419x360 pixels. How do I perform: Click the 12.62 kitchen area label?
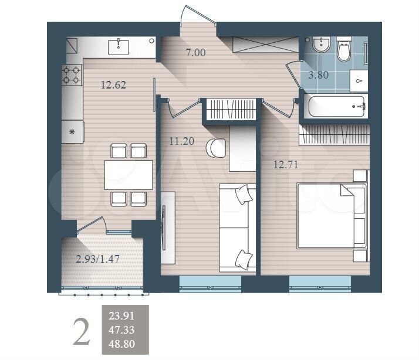pyautogui.click(x=114, y=85)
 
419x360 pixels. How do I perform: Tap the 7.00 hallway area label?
pyautogui.click(x=196, y=53)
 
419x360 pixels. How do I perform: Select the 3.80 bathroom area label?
pyautogui.click(x=318, y=75)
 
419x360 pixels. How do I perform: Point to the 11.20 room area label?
pyautogui.click(x=182, y=141)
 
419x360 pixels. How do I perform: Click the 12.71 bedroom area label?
pyautogui.click(x=286, y=165)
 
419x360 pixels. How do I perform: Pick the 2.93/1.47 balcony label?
pyautogui.click(x=97, y=259)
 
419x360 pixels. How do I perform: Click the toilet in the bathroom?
pyautogui.click(x=344, y=49)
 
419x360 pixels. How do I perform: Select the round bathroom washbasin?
pyautogui.click(x=322, y=45)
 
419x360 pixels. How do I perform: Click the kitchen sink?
pyautogui.click(x=119, y=47)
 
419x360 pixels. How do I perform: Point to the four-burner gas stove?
pyautogui.click(x=72, y=75)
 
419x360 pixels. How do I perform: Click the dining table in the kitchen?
pyautogui.click(x=129, y=175)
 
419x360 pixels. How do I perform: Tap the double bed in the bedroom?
pyautogui.click(x=332, y=216)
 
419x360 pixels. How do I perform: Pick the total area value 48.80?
pyautogui.click(x=121, y=344)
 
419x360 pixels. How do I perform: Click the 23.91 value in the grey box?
pyautogui.click(x=121, y=316)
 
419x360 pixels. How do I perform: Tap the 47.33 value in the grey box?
pyautogui.click(x=121, y=330)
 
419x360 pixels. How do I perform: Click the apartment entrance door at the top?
pyautogui.click(x=198, y=15)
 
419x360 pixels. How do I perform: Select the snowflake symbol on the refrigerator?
pyautogui.click(x=72, y=132)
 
